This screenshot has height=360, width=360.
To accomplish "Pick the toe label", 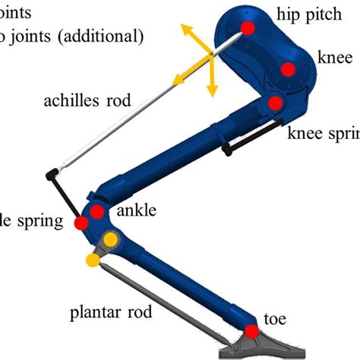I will tap(273, 319).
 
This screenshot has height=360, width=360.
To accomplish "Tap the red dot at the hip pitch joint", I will tap(247, 30).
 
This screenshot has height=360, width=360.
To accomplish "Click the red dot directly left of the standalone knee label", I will tap(288, 70).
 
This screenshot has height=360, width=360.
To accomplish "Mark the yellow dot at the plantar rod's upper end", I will tap(93, 261).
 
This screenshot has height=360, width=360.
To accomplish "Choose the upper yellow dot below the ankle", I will tap(111, 241).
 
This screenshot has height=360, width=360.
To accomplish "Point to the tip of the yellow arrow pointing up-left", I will tap(182, 25).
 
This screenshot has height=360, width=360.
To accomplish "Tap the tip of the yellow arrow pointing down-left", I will tap(174, 77).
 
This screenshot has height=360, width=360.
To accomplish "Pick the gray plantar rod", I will tap(167, 299).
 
